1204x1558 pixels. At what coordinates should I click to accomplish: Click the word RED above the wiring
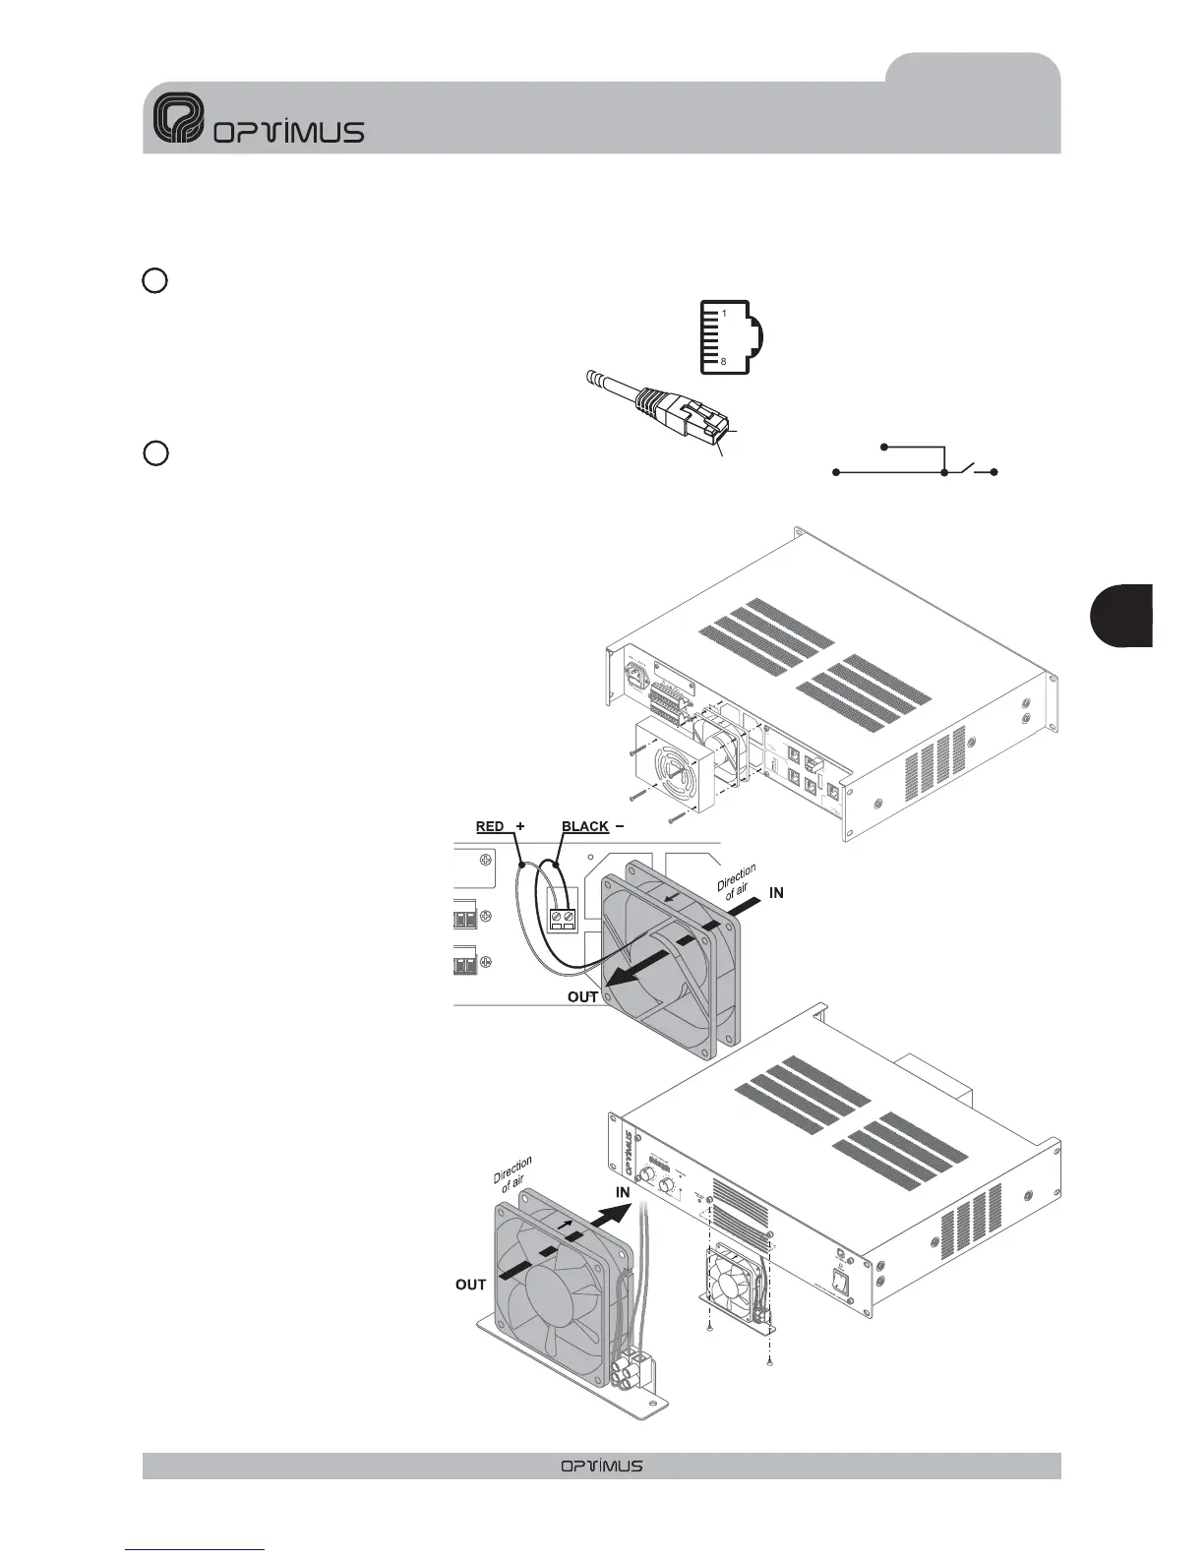pos(490,826)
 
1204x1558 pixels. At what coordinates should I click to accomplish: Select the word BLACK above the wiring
pos(584,826)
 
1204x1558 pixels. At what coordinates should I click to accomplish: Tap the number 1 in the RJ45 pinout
pos(724,313)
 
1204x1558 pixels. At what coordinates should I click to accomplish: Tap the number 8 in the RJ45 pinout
pos(724,362)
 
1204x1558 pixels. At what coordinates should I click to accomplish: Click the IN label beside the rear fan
pos(776,892)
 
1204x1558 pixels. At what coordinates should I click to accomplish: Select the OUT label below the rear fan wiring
pos(583,997)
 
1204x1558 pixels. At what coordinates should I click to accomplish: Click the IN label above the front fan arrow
pos(623,1193)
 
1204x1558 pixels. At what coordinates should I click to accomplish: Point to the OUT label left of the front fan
pos(471,1285)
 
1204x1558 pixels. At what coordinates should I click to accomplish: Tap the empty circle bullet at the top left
pos(153,280)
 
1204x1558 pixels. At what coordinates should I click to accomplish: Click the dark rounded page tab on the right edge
pos(1122,616)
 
